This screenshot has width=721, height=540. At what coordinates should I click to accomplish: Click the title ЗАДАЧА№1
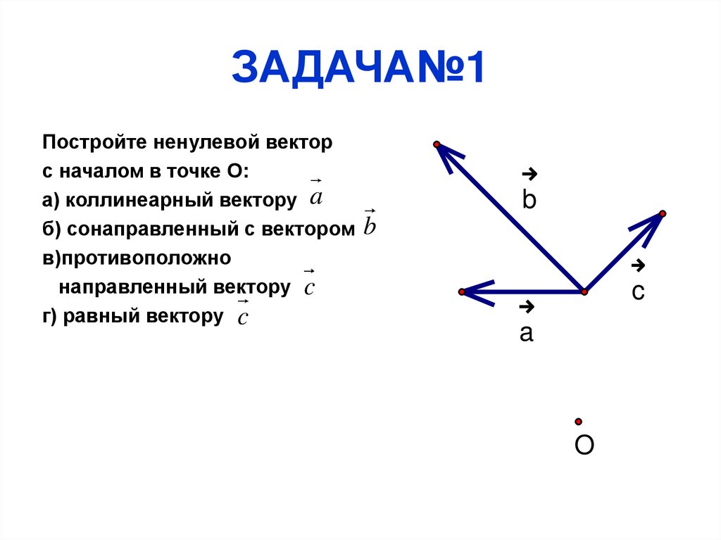click(358, 68)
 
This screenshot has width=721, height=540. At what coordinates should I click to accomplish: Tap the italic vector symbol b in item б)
click(370, 225)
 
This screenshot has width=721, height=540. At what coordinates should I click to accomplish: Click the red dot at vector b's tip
click(437, 144)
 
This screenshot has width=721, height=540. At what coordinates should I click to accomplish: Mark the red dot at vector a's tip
click(461, 291)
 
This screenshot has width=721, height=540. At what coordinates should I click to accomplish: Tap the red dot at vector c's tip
click(663, 213)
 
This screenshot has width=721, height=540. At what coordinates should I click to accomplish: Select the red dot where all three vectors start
click(584, 291)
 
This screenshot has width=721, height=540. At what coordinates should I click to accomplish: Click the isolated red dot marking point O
click(578, 422)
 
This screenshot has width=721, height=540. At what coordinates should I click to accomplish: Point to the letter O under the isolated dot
click(584, 446)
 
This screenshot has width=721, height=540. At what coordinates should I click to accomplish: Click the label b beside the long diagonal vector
click(529, 201)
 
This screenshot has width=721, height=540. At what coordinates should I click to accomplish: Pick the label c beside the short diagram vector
click(638, 292)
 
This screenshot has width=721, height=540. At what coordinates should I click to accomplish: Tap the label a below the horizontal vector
click(526, 333)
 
